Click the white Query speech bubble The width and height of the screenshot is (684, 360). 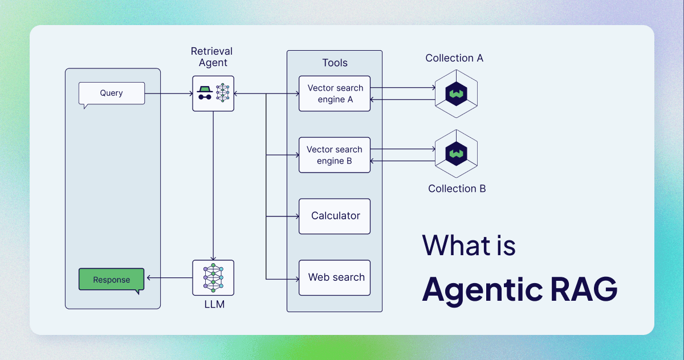[x=111, y=93]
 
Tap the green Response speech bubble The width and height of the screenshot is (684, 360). [x=111, y=280]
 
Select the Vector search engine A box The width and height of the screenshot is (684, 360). [x=335, y=93]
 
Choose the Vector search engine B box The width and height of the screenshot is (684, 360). [x=335, y=155]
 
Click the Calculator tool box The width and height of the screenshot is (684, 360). [x=335, y=216]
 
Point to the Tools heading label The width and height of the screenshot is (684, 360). [x=335, y=63]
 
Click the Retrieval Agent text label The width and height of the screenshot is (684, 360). [x=212, y=57]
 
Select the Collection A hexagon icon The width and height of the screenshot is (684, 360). [x=456, y=93]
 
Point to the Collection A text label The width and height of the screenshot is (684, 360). [x=454, y=58]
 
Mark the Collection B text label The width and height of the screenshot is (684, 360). [x=457, y=189]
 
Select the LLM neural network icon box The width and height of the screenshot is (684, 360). [x=213, y=278]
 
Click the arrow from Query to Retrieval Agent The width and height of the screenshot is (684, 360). [x=168, y=93]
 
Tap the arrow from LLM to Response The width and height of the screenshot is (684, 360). [x=169, y=278]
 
